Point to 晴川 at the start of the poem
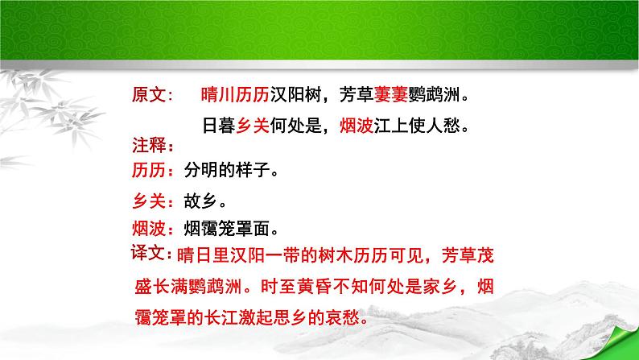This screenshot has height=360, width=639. [x=212, y=97]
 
